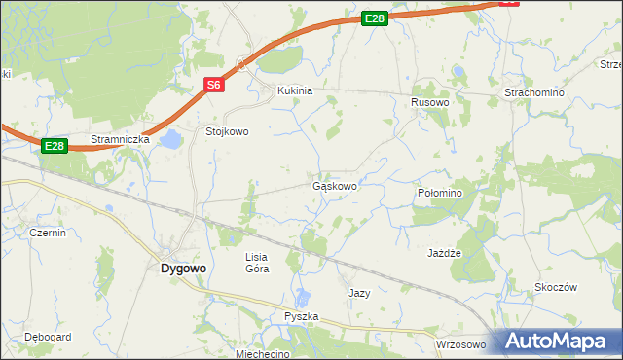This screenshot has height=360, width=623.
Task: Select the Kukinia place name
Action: coord(295,90)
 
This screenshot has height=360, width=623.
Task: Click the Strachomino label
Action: coord(533,91)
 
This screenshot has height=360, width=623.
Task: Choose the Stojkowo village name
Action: coord(227,130)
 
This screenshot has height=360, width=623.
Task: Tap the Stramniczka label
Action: coord(120,139)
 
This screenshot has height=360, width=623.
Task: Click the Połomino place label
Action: coord(445,194)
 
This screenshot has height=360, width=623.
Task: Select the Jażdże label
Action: coord(443,252)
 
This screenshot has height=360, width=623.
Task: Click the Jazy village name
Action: coord(359,292)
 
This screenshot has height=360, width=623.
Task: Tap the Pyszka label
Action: coord(301,317)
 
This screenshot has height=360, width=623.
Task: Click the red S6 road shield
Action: coord(215,86)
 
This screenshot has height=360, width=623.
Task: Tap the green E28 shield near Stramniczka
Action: coord(55,146)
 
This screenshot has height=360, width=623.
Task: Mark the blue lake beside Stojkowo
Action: coord(171,140)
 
